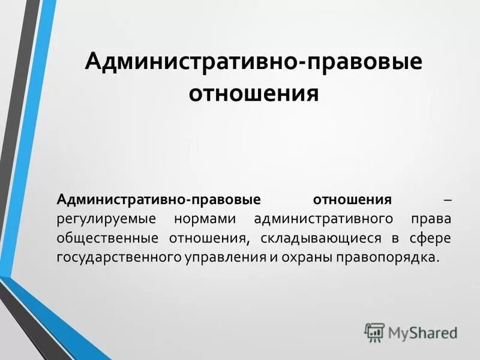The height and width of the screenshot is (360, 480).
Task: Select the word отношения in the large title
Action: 254,94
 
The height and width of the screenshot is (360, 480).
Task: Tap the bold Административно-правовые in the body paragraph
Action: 158,199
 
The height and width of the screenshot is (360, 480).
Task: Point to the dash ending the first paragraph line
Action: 447,199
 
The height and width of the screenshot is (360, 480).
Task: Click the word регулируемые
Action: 106,218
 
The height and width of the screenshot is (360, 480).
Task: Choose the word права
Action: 431,218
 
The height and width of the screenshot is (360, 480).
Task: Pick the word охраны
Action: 307,257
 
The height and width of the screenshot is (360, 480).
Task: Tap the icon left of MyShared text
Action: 374,332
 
